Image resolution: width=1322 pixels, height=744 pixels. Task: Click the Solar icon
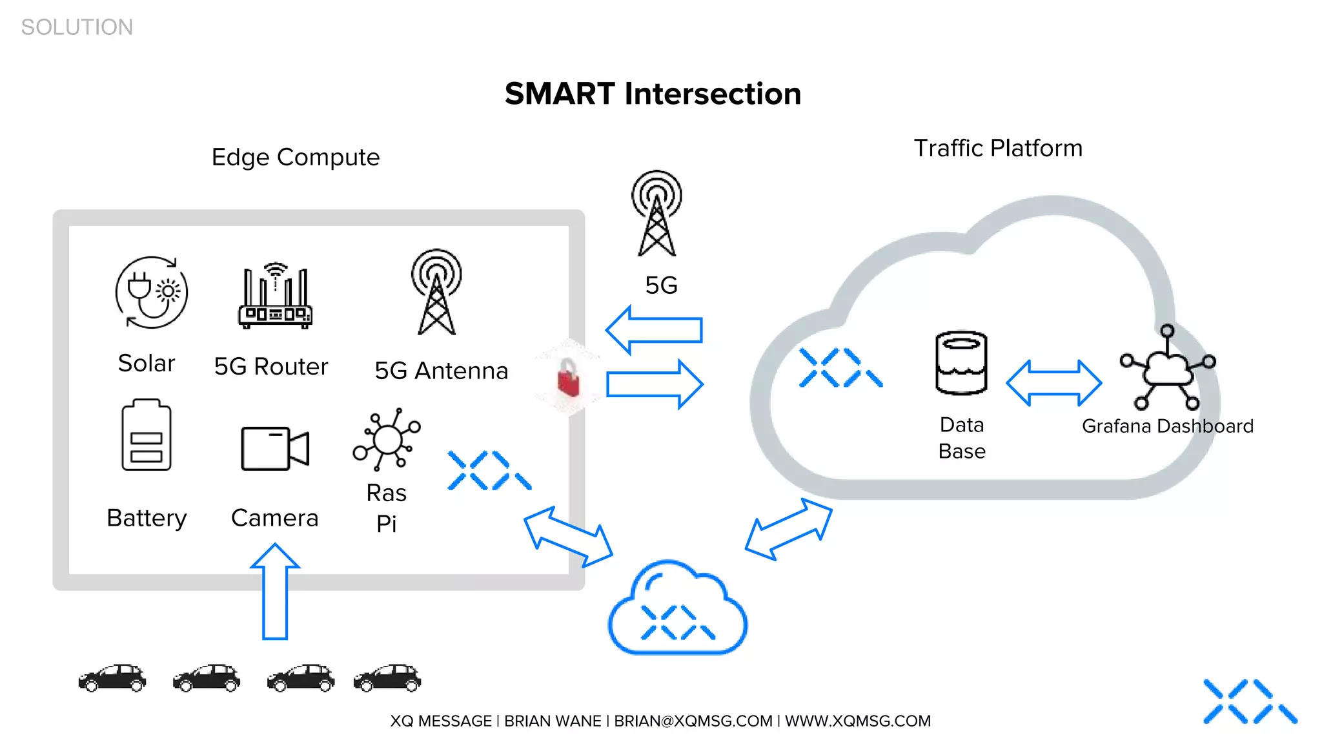[x=152, y=293]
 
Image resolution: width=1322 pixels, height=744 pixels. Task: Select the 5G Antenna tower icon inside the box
[x=437, y=292]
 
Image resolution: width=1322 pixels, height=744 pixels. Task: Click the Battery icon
[x=147, y=435]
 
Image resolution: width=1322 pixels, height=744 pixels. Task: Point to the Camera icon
[x=275, y=448]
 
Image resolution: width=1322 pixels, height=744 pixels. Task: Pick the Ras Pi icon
[x=387, y=440]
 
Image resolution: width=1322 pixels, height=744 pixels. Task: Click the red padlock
[x=569, y=378]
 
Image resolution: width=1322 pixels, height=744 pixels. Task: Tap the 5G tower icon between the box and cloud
[x=656, y=214]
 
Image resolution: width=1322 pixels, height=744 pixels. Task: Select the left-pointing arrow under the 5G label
[x=653, y=330]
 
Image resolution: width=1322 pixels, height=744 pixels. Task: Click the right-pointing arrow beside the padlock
[x=655, y=384]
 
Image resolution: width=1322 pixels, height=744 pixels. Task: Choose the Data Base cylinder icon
[x=961, y=363]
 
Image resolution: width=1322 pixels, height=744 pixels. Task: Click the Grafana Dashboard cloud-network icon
[x=1168, y=368]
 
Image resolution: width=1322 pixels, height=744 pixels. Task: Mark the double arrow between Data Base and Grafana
[x=1053, y=383]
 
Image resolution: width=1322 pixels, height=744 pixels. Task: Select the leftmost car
[x=112, y=677]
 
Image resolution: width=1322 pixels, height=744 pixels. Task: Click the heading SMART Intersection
[x=653, y=94]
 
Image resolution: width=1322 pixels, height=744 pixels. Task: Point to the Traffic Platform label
[x=997, y=149]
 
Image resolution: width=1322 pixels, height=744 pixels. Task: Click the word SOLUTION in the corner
[x=77, y=27]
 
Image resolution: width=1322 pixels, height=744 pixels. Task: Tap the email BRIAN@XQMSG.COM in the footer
[x=693, y=721]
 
